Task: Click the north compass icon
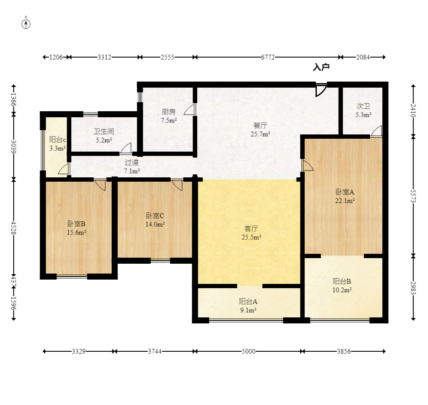(26, 24)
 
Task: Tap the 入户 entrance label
(321, 67)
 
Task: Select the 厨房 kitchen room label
(168, 112)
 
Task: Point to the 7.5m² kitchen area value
(169, 120)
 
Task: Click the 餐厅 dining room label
(260, 125)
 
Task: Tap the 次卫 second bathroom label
(363, 106)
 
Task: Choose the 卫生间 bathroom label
(104, 131)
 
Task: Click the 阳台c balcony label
(57, 140)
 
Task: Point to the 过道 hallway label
(132, 162)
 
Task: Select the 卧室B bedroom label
(76, 224)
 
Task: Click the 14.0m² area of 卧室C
(155, 224)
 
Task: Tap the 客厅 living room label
(251, 228)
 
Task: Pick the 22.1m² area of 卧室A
(345, 201)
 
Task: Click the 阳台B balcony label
(342, 281)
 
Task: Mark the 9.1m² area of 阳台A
(248, 310)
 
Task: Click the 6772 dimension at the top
(268, 57)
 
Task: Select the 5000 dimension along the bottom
(249, 351)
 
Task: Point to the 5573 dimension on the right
(413, 196)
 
